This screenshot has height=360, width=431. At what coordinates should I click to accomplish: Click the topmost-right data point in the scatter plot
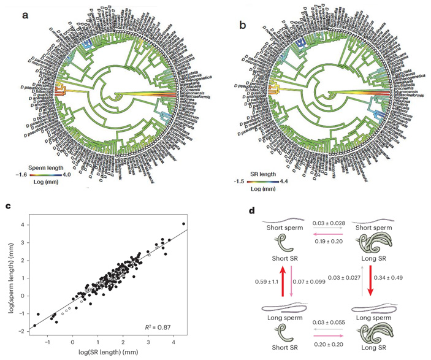coord(183,223)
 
